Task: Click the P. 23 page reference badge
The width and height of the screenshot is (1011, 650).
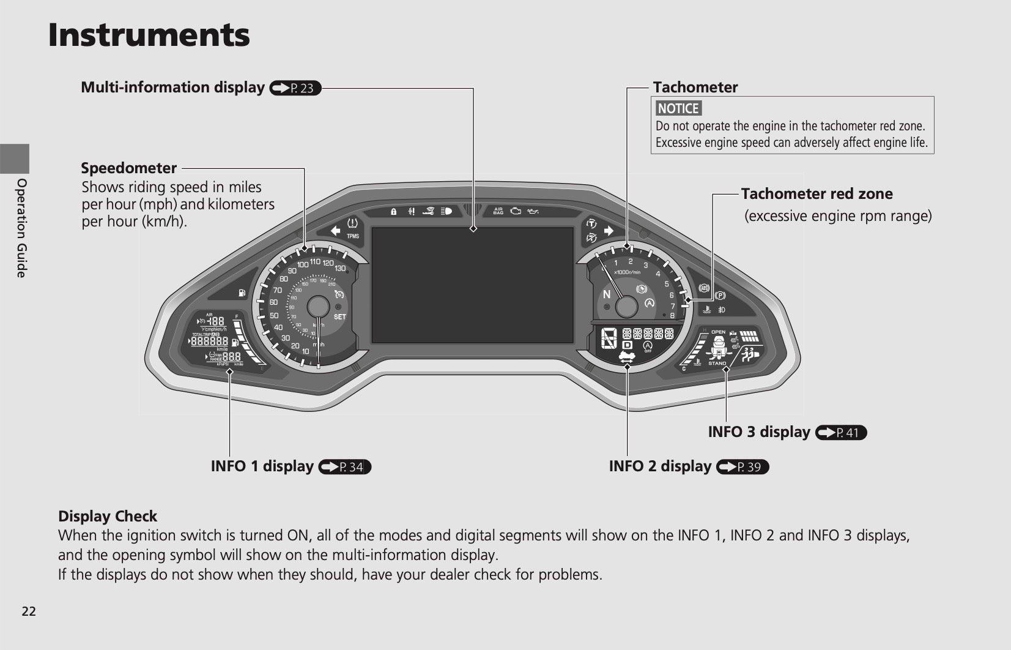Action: tap(295, 88)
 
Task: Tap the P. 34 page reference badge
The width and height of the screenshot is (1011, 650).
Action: tap(345, 467)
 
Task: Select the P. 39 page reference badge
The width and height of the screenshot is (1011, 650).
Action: tap(743, 467)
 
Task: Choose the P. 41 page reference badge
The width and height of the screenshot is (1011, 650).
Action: tap(841, 433)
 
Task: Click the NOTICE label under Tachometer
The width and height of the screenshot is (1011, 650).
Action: tap(678, 108)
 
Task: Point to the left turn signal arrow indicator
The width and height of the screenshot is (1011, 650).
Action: tap(335, 230)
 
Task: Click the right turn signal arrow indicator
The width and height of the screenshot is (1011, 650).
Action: tap(609, 231)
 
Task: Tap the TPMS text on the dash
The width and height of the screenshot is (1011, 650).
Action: tap(353, 236)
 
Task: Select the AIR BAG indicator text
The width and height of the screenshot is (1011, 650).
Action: tap(498, 211)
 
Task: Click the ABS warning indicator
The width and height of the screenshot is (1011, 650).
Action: tap(704, 288)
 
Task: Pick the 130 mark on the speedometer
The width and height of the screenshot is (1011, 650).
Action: tap(340, 268)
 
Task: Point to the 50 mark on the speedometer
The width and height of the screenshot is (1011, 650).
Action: tap(274, 315)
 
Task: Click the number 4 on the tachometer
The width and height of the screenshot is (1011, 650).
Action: tap(658, 274)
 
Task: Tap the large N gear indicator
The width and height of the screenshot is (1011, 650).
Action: tap(607, 294)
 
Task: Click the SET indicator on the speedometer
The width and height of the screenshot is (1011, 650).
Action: tap(339, 316)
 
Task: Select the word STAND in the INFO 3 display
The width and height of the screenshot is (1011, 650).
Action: tap(717, 364)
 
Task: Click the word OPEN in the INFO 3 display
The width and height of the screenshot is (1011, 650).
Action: tap(718, 332)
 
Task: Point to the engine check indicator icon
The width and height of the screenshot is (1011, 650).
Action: tap(516, 211)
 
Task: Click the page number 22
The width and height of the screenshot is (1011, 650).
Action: tap(29, 611)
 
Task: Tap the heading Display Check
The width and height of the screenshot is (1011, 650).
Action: tap(108, 516)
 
